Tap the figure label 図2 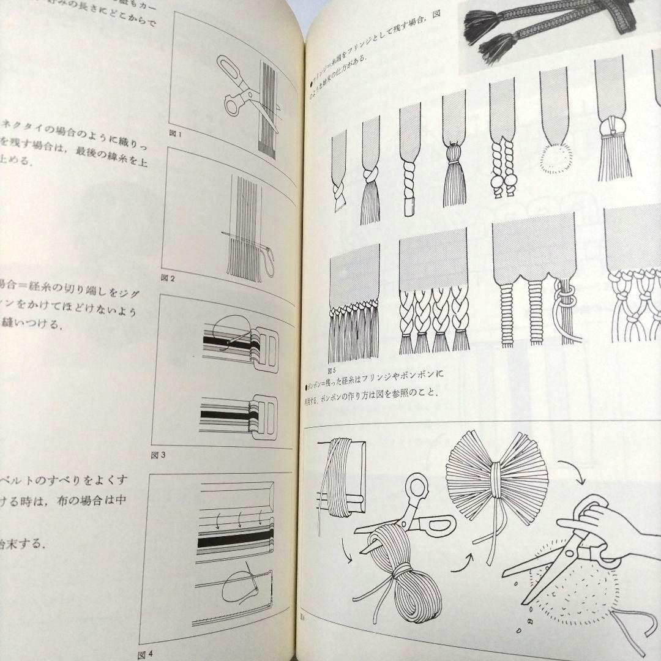[168, 279]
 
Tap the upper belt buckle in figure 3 [264, 343]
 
